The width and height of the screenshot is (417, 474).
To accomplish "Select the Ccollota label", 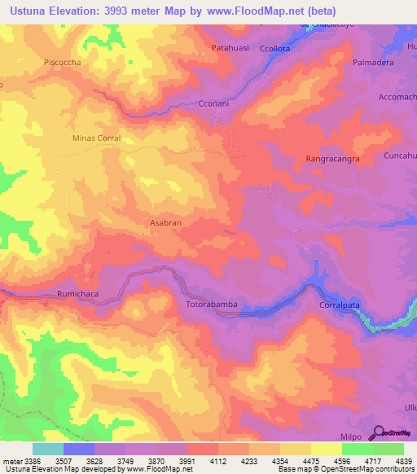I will pyautogui.click(x=274, y=49).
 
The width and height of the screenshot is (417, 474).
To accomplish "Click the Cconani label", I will pyautogui.click(x=216, y=104).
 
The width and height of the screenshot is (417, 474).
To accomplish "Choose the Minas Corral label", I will pyautogui.click(x=96, y=138).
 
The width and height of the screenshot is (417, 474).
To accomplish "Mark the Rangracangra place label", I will pyautogui.click(x=332, y=159).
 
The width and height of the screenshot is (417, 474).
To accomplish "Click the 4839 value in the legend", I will pyautogui.click(x=404, y=460).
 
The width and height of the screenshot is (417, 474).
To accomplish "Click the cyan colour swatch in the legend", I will pyautogui.click(x=48, y=449).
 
